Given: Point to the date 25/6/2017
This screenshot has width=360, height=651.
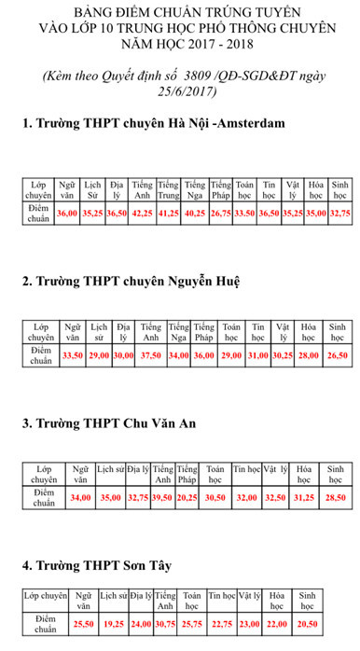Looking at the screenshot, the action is coord(181,91).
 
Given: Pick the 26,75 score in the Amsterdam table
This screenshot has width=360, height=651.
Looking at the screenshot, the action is coord(220,213).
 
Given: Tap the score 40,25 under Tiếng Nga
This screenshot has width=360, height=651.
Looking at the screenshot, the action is coord(194,213).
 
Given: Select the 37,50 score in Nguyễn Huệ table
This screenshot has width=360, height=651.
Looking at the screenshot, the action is coord(150,355).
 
